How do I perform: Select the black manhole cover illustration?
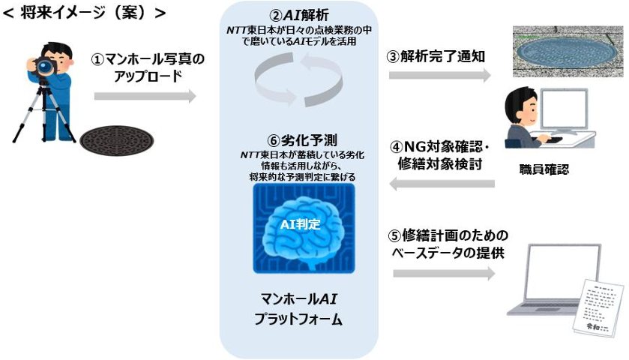[113, 139]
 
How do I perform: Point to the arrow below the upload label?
[145, 96]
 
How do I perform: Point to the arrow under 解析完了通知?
[439, 76]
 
